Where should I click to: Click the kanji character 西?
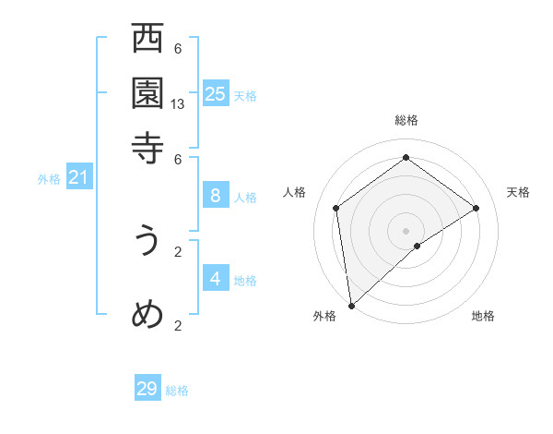click(x=147, y=41)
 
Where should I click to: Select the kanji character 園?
click(x=147, y=93)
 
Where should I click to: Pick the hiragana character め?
click(x=147, y=315)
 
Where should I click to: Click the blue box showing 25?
click(x=216, y=94)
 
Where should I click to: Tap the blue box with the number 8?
click(x=216, y=196)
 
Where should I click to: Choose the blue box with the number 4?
click(x=216, y=279)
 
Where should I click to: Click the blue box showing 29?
click(x=147, y=389)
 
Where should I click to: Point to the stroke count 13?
click(x=178, y=104)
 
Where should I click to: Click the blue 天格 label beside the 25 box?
click(x=244, y=96)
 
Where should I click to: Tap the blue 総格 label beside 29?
click(x=177, y=392)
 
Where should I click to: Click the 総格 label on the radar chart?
click(x=406, y=120)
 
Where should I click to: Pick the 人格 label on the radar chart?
click(x=295, y=192)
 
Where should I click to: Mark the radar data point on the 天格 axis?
click(x=477, y=208)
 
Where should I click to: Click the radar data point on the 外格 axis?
click(x=351, y=305)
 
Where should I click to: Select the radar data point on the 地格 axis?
click(x=418, y=246)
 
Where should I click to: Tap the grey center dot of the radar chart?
click(x=406, y=230)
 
